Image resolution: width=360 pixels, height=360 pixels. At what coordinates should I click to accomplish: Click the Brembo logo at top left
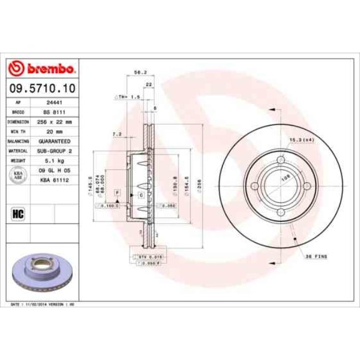(x=42, y=69)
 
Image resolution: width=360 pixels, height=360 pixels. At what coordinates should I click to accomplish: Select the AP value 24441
(x=54, y=102)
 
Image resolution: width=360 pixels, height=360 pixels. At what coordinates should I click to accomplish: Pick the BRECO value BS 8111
(x=54, y=111)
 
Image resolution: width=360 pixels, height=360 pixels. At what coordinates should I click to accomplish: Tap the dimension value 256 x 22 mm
(x=54, y=121)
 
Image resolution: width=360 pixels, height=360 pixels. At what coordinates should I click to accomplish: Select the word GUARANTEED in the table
(x=54, y=141)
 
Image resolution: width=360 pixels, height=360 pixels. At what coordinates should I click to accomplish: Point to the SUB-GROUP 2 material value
(x=54, y=150)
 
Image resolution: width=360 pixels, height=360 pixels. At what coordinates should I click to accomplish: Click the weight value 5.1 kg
(x=54, y=160)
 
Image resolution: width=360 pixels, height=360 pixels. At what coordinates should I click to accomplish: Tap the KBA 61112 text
(x=54, y=178)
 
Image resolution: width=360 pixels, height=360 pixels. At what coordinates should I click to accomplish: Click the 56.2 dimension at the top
(x=140, y=71)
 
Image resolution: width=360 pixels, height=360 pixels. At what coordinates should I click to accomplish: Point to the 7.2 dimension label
(x=116, y=133)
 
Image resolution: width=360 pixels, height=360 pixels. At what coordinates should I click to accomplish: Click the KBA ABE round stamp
(x=18, y=174)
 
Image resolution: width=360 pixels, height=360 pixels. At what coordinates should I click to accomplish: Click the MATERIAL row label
(x=18, y=150)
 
